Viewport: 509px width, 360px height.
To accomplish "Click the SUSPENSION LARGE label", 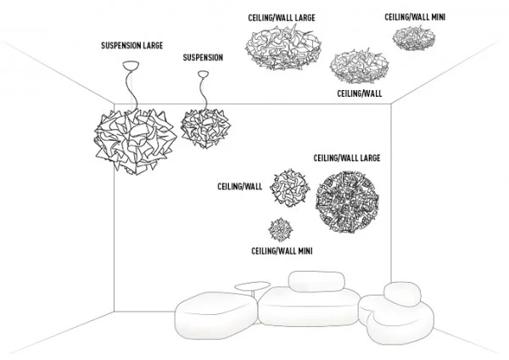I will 131,44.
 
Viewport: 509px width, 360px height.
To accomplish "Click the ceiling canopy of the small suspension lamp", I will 203,74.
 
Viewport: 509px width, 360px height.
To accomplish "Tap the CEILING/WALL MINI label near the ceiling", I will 415,15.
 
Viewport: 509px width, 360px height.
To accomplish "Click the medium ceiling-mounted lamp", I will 359,66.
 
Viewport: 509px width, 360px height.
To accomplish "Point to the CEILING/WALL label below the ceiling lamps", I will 357,93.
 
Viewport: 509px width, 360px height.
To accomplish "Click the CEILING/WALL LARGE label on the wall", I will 346,158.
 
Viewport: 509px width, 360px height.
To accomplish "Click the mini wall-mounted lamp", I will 280,229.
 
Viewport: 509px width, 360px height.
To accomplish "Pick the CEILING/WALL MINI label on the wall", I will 281,251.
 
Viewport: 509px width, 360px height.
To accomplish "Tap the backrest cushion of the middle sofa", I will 317,280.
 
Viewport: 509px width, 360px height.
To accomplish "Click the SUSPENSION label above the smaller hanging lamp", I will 204,58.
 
